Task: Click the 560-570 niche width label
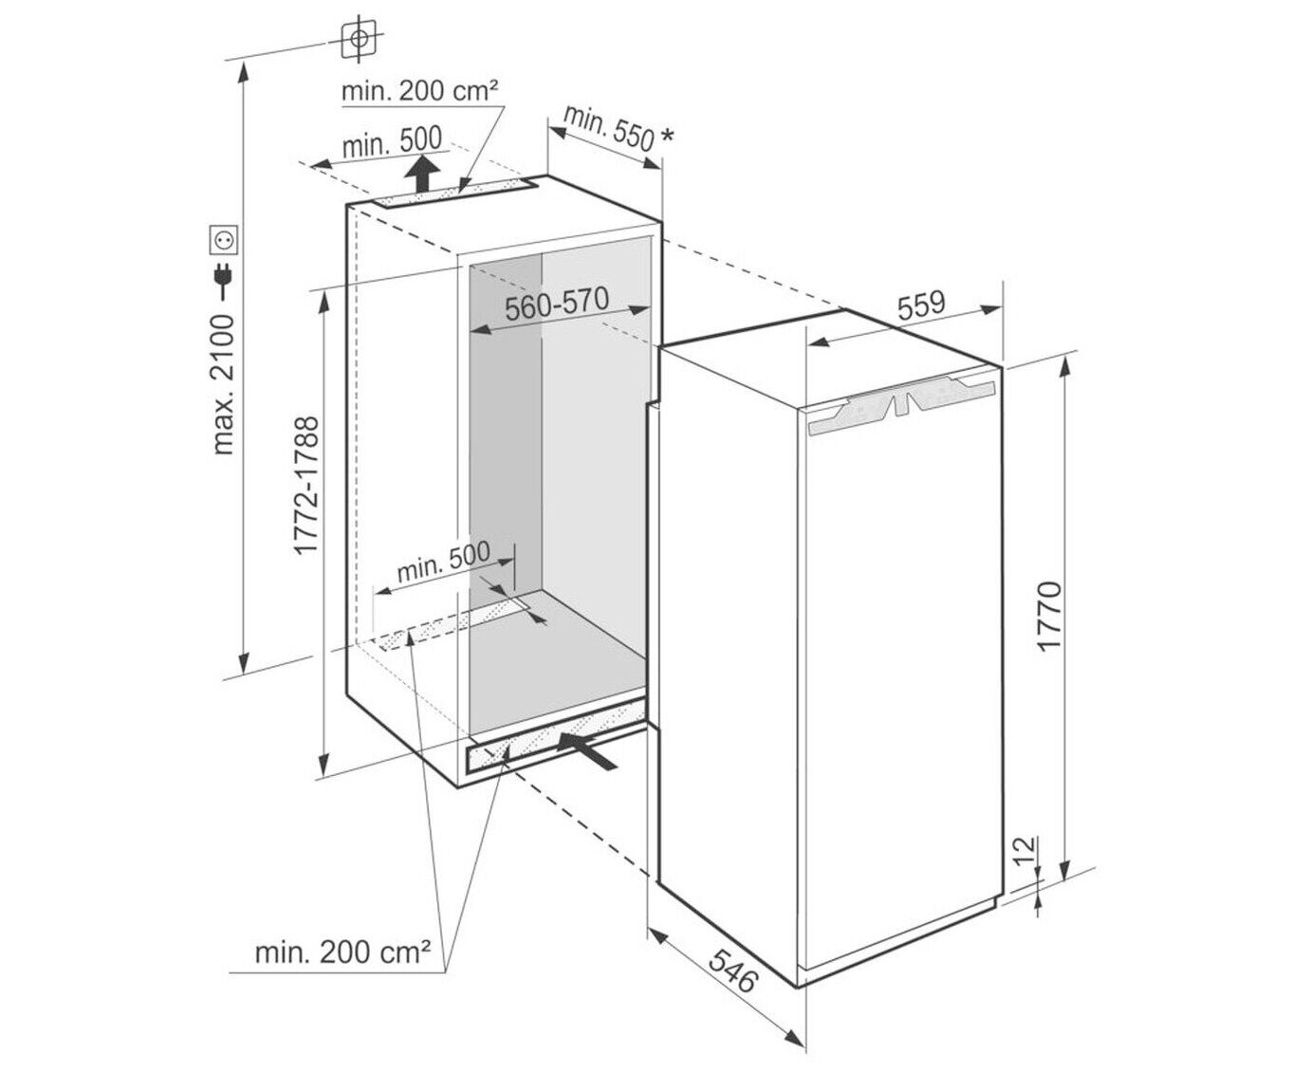coord(556,305)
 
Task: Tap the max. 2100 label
coord(223,384)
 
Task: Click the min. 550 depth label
coord(609,129)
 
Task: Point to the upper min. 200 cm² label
coord(419,91)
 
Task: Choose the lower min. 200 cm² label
coord(342,952)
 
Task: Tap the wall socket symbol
coord(225,240)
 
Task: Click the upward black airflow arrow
coord(422,175)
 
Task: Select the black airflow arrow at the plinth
coord(588,750)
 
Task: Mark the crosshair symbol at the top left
coord(360,39)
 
